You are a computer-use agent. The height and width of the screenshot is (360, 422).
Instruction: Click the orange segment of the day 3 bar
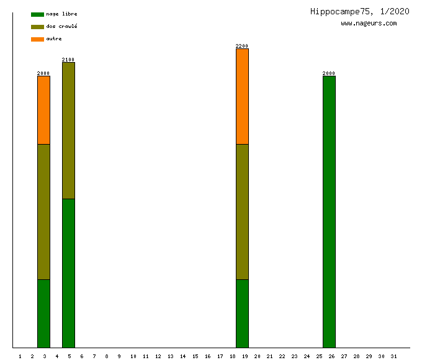tap(43, 110)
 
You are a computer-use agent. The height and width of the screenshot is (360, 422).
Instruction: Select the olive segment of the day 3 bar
tap(43, 212)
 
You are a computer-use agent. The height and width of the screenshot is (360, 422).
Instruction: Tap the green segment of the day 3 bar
tap(43, 313)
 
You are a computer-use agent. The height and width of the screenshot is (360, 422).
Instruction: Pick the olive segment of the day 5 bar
tap(68, 130)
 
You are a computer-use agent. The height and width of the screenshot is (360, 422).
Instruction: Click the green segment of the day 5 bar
tap(68, 273)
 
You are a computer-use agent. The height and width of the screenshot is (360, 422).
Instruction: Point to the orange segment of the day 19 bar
tap(242, 96)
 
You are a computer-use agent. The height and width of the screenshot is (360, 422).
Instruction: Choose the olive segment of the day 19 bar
tap(242, 212)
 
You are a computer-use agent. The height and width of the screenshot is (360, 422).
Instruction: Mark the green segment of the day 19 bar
tap(242, 313)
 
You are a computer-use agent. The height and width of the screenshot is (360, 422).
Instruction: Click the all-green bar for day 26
tap(329, 212)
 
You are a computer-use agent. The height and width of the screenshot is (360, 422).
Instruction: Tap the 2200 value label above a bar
tap(242, 46)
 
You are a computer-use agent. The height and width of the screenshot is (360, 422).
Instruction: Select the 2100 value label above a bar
tap(68, 60)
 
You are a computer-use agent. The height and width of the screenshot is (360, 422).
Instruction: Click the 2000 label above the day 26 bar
tap(329, 73)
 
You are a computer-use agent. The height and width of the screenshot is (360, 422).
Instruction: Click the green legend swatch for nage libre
tap(37, 14)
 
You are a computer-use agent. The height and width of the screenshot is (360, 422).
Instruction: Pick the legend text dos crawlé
tap(61, 27)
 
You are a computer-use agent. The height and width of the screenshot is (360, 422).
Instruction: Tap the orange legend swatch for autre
tap(37, 39)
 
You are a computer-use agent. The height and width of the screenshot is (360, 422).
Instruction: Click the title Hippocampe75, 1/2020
tap(359, 11)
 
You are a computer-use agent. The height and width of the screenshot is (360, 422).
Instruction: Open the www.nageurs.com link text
tap(369, 24)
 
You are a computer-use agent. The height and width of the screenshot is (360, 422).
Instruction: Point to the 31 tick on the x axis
tap(393, 356)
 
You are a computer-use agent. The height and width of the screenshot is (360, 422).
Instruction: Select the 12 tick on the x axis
tap(158, 356)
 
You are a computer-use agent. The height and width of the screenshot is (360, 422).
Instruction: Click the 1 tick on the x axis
tap(20, 356)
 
